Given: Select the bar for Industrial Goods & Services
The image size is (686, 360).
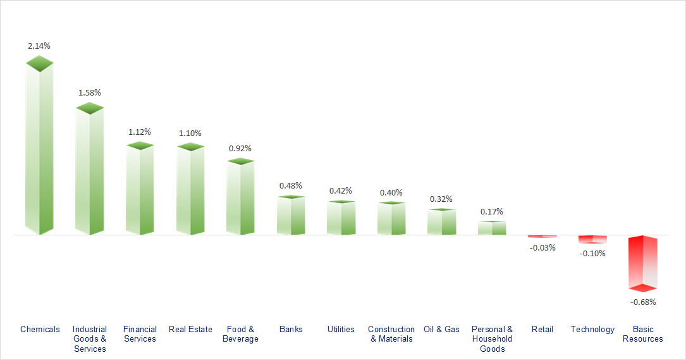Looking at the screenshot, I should coord(90,171).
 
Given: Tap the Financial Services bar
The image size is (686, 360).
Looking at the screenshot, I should coord(140,190).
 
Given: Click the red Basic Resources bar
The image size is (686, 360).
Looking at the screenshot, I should coord(643,262).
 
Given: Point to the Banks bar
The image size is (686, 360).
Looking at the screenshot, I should coord(291,216).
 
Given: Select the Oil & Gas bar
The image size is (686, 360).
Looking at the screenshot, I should coord(441,222).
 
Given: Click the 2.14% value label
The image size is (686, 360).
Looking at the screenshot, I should coord(39,46).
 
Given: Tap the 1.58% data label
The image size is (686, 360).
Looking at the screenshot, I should coord(89,92).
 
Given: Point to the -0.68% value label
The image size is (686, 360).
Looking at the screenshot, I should coord(643,302).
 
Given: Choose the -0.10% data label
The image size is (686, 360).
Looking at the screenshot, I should coord(592,253).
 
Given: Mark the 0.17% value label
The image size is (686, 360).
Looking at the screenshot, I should coord(492,211).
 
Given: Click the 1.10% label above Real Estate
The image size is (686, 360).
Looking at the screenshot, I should coord(190,133).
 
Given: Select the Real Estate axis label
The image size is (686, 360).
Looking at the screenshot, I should coord(190,329).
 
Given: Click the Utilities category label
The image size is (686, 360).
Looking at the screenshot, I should coord(341,329).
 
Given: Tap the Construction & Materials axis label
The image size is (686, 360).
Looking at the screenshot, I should coord(391,333).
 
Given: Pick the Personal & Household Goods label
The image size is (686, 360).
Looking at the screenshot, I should coord(492,338).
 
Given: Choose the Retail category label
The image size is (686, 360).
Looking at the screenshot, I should coord(542,329).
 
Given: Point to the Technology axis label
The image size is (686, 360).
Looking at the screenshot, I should coord(592,329).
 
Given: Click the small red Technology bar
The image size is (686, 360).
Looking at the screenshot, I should coord(592,239).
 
